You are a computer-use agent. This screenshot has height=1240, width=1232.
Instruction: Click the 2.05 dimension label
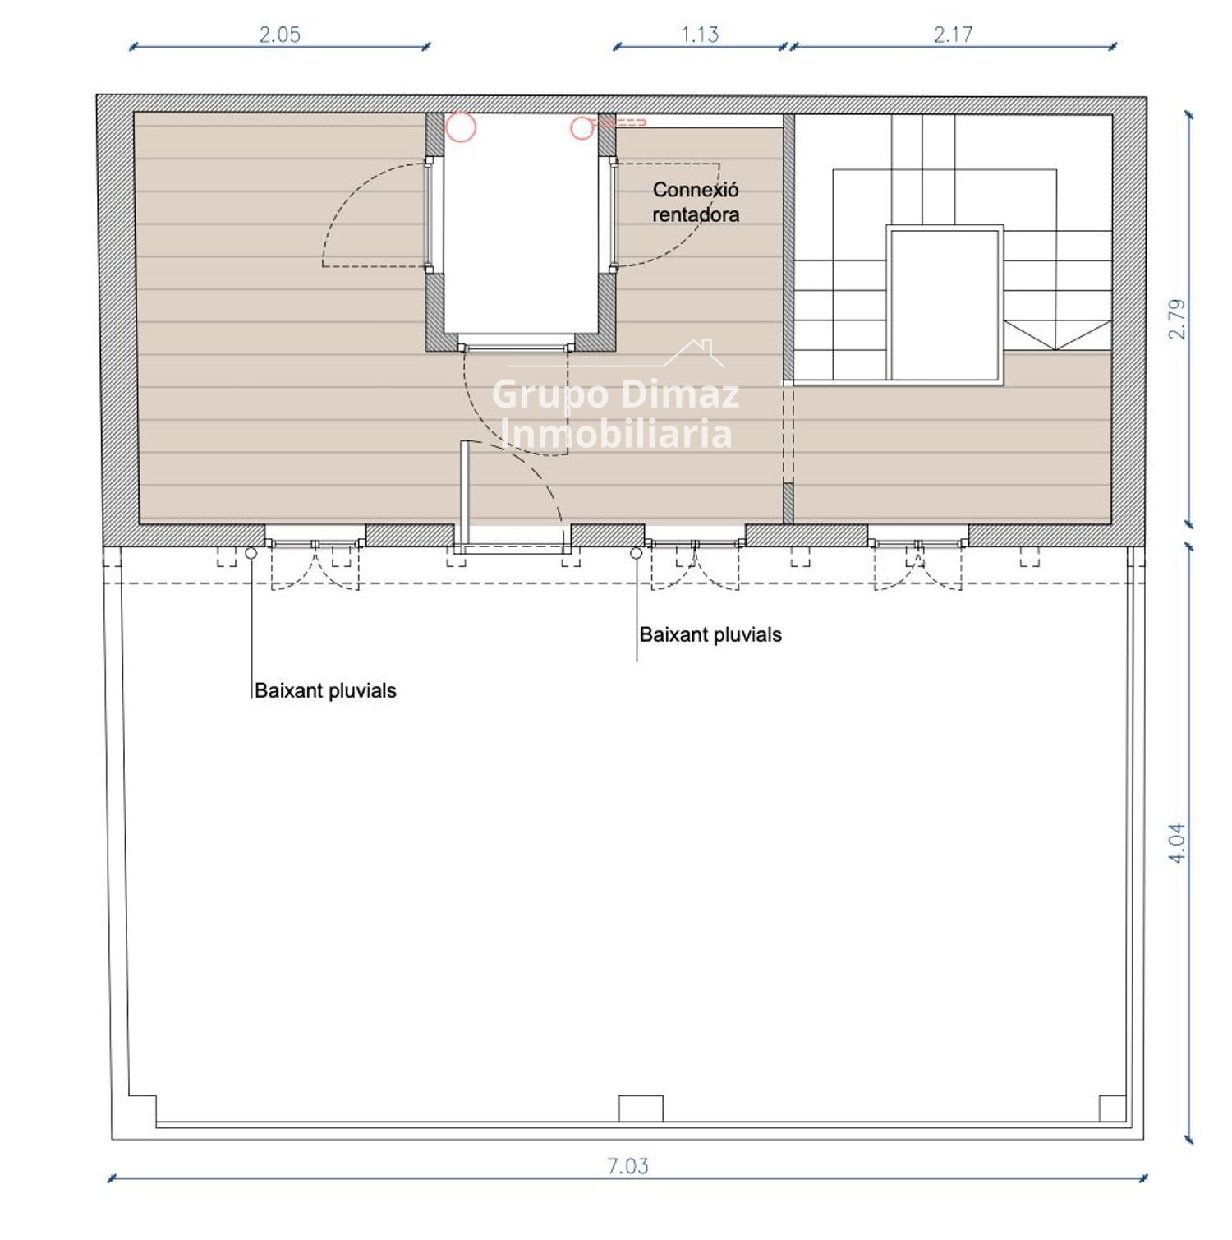pyautogui.click(x=280, y=35)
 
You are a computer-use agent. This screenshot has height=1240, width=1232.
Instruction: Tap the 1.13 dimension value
pyautogui.click(x=700, y=35)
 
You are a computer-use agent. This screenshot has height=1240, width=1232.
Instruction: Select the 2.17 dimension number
pyautogui.click(x=953, y=35)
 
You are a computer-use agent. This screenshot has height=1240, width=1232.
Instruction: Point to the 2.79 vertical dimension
pyautogui.click(x=1177, y=319)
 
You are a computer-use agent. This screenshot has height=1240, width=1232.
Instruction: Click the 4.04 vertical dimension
pyautogui.click(x=1177, y=842)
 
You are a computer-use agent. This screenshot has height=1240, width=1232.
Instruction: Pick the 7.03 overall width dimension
pyautogui.click(x=627, y=1166)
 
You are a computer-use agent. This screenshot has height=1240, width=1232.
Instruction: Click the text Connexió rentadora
pyautogui.click(x=696, y=202)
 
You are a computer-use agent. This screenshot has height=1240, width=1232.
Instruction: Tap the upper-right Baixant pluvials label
pyautogui.click(x=710, y=634)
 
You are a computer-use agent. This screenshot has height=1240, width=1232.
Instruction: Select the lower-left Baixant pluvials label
pyautogui.click(x=325, y=690)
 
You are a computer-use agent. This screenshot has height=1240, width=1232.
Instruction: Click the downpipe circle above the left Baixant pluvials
pyautogui.click(x=251, y=554)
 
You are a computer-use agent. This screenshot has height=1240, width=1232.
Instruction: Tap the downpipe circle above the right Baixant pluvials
pyautogui.click(x=637, y=554)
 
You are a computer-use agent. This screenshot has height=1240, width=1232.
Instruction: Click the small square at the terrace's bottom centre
pyautogui.click(x=641, y=1109)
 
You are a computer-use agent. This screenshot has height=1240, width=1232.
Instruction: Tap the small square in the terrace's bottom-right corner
pyautogui.click(x=1112, y=1109)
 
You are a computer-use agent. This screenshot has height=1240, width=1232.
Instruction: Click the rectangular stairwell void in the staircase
pyautogui.click(x=945, y=305)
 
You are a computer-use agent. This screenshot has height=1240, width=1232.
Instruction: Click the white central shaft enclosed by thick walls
pyautogui.click(x=522, y=226)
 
